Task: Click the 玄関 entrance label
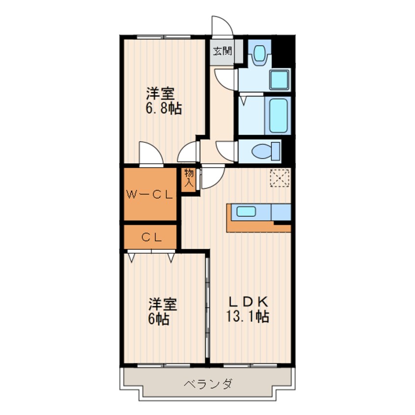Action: coord(222,51)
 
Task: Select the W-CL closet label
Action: coord(149,195)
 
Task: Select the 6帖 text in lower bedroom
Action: coord(159,319)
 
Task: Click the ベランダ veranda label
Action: coord(208,384)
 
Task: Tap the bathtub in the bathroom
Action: coord(278,116)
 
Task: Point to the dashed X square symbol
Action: coord(280,178)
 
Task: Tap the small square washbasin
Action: coord(279,79)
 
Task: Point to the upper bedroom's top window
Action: coord(163,37)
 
